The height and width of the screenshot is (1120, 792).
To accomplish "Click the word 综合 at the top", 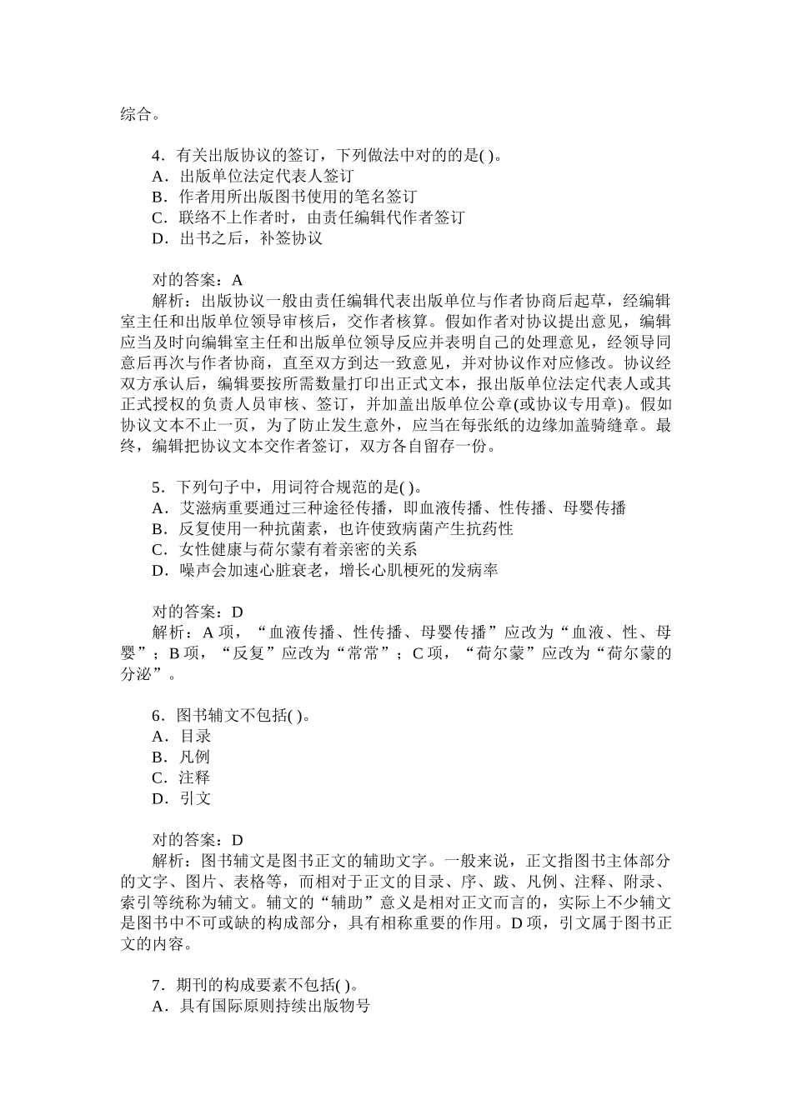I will coord(136,114).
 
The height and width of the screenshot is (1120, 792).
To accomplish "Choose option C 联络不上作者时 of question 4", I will coord(308,218).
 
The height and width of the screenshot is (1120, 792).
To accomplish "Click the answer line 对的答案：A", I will coord(198,281).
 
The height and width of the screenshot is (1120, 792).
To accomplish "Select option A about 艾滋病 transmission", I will coord(388,508).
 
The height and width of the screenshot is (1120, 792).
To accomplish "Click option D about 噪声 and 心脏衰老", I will coord(325,571).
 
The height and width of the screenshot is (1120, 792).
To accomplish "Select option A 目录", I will coord(182,737).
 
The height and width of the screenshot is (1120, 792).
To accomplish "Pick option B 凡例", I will coord(182,757).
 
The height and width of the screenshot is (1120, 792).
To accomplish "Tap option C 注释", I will coord(182,778).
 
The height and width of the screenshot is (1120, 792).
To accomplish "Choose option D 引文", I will coord(182,799).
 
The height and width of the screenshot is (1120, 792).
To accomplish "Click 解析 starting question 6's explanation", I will coord(168,861).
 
